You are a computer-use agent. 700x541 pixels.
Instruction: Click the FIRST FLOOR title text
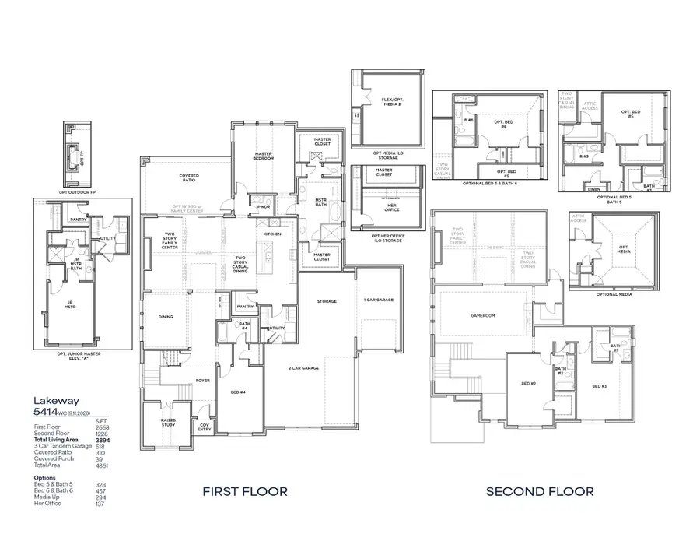point(245,491)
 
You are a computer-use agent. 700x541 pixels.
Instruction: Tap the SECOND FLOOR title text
point(540,491)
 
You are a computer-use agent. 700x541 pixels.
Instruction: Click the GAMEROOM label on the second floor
point(482,316)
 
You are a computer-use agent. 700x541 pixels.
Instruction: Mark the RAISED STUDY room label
point(168,422)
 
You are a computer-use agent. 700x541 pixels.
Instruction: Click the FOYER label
point(203,381)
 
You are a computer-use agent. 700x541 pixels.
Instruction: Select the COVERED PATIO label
point(189,177)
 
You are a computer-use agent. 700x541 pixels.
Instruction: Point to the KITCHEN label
point(271,234)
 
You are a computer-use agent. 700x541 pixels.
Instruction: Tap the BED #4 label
point(239,393)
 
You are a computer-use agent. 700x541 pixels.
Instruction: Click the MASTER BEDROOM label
point(263,156)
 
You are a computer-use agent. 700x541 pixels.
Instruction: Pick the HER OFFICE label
point(384,207)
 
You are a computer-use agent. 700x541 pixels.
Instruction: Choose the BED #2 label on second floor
point(528,384)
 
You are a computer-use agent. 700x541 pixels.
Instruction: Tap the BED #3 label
point(598,386)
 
